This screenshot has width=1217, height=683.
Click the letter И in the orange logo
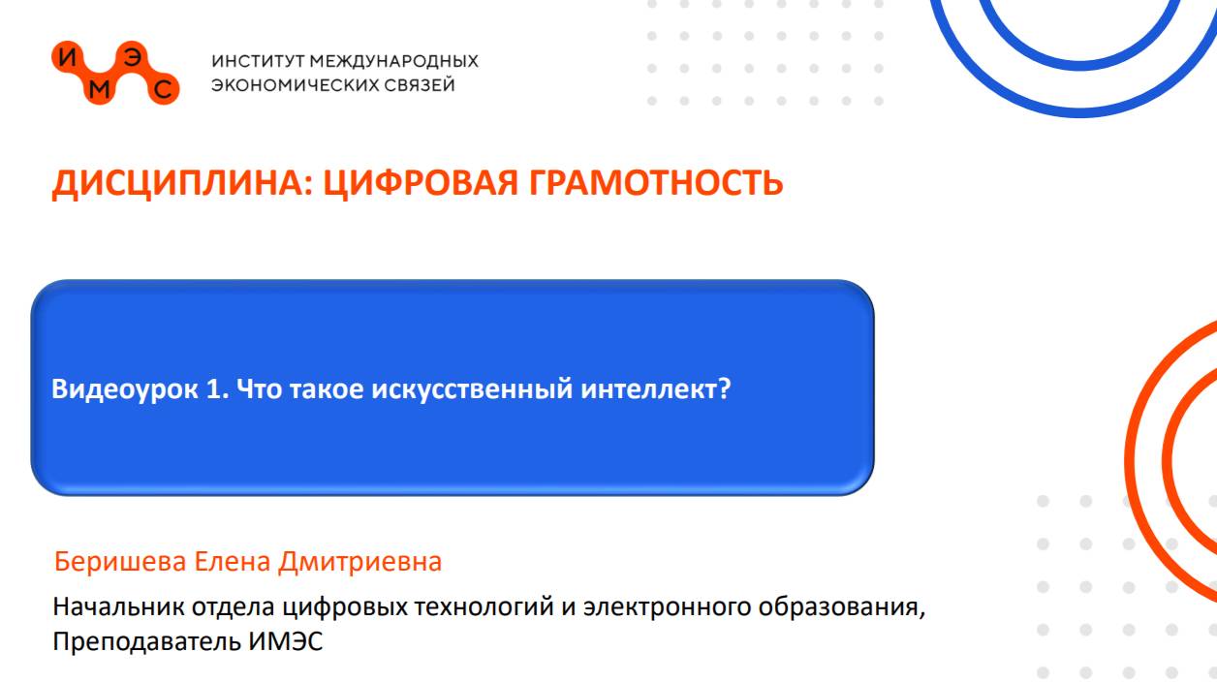[x=66, y=57]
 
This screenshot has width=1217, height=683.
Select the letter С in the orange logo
[x=165, y=91]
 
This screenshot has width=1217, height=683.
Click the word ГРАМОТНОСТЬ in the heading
[x=656, y=182]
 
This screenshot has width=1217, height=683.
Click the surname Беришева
[x=121, y=562]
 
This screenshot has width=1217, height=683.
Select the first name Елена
[x=234, y=562]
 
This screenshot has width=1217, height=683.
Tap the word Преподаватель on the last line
[x=141, y=641]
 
